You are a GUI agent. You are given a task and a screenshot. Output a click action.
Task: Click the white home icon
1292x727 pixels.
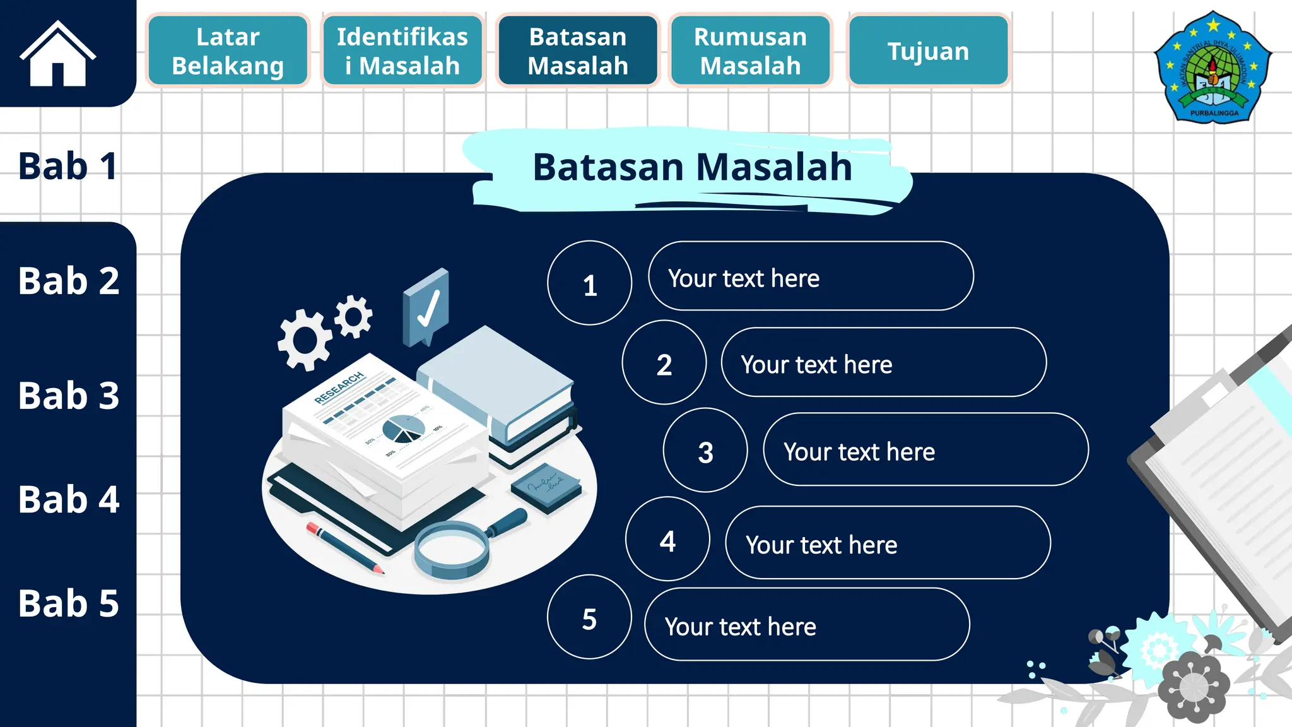point(57,54)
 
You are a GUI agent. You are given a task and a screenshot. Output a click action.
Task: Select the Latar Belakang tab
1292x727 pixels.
point(228,51)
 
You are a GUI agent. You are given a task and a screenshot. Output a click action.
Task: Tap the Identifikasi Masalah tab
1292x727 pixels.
point(402,51)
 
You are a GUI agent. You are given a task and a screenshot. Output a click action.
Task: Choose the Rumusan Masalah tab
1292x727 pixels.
point(750,51)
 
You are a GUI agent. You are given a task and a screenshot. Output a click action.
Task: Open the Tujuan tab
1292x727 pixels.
point(928,51)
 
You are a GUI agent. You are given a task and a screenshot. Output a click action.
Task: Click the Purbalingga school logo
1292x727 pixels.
point(1213,68)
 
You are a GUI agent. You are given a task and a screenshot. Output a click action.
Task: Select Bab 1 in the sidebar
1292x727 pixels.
point(68,166)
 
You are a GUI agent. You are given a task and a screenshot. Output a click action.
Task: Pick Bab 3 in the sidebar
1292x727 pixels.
point(68,396)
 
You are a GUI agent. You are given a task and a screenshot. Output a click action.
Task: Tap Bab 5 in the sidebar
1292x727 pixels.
point(68,603)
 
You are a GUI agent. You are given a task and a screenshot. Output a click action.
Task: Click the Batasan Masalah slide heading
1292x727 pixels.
point(692,167)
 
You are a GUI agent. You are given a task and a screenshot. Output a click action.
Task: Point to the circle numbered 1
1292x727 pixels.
point(590,283)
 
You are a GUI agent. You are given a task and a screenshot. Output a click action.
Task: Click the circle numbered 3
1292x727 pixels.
point(705,451)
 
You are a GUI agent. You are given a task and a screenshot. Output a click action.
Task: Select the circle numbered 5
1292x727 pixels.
point(589,617)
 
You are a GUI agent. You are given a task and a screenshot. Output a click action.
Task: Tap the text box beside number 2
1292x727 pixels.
point(883,363)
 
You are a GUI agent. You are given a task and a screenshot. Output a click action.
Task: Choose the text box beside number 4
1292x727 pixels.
point(888,543)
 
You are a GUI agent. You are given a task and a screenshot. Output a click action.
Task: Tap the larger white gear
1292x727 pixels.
point(305,340)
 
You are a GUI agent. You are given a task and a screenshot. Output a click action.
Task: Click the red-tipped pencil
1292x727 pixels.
point(345,548)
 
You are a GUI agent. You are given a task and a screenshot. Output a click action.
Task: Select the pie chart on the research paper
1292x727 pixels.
point(403,429)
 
